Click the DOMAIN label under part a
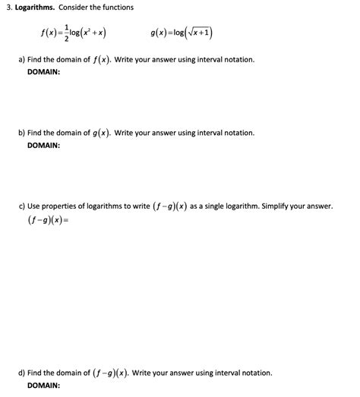(43, 71)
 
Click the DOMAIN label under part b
(43, 145)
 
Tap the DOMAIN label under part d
(43, 385)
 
